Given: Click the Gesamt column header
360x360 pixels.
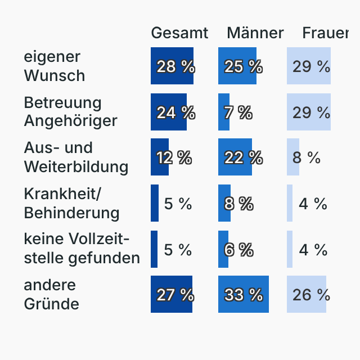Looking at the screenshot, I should point(179,33).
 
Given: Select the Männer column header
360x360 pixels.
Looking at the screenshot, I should point(255,33).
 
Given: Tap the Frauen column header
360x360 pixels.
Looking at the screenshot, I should point(326,33).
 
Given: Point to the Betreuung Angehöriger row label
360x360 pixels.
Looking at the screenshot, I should point(70,111).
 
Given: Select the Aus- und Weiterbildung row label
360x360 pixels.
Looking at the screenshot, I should point(76,157).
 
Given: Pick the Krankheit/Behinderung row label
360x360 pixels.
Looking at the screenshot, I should point(71,203).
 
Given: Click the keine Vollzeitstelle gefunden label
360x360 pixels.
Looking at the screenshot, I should point(82,249).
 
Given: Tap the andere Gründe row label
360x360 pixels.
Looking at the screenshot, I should point(51,294).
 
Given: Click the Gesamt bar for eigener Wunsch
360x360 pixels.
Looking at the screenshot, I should point(172,66).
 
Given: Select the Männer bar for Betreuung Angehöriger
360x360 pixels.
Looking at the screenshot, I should point(224,112).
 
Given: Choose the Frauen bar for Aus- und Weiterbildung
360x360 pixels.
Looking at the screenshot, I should point(293,157).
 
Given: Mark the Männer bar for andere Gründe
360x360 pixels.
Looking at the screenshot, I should point(244,294).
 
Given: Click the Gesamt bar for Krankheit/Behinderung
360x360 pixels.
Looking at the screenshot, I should point(155,203).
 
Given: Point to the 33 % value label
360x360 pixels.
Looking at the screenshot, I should point(244,294).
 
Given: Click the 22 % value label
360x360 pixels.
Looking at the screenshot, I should point(244,157).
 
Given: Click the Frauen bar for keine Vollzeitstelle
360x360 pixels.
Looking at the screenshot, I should point(290,249).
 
